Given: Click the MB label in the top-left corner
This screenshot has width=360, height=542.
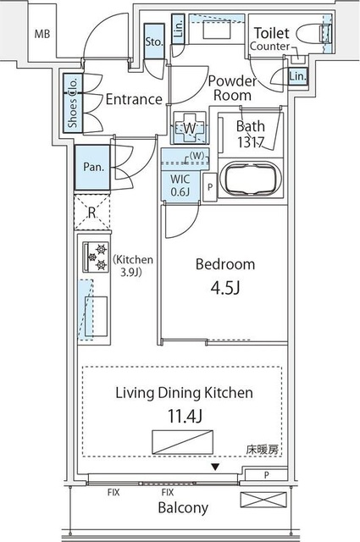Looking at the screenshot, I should [42, 34].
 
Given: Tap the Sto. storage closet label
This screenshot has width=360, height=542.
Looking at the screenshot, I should [154, 41].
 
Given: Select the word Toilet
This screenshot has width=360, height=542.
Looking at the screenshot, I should [271, 32].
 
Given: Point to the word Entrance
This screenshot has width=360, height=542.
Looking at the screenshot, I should [133, 99].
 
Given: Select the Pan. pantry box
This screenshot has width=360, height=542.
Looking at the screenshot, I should [93, 167].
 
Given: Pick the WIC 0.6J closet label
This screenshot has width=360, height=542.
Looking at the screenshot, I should [180, 185].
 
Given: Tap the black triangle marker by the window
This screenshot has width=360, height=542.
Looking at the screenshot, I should [215, 467].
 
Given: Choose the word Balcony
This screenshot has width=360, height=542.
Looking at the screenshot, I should [181, 508].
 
